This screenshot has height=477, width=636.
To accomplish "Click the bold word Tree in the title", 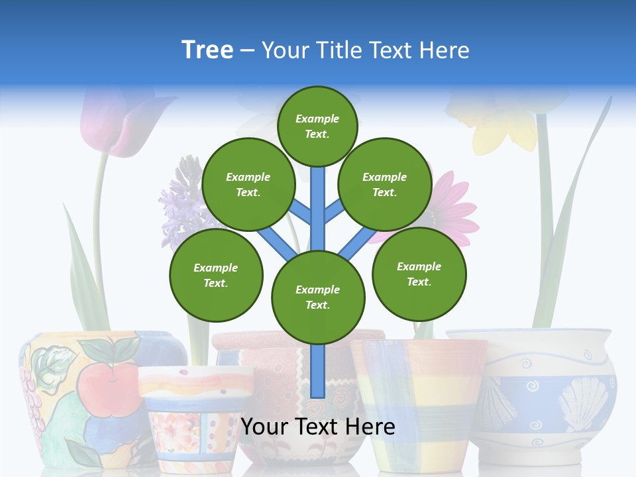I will tap(207, 50).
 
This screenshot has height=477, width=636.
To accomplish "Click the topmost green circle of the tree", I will tap(317, 126).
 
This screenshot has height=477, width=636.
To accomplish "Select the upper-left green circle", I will tap(248, 184).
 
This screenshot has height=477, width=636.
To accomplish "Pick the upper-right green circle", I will tap(384, 184).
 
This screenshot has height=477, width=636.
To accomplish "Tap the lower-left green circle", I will tap(215, 275).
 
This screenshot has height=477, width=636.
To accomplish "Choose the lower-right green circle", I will tap(419, 273).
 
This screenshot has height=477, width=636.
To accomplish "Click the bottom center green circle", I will tap(318, 297).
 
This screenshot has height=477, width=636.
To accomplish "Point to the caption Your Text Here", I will tap(318, 427).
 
